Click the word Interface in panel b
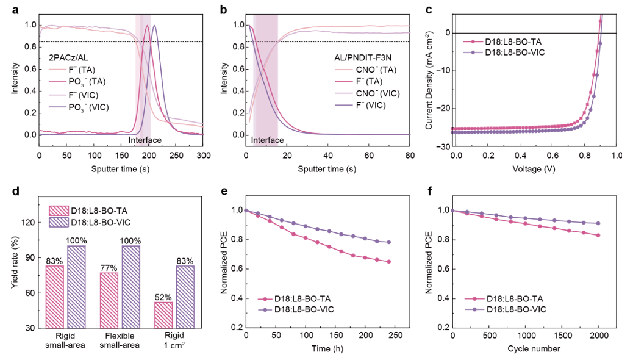267,140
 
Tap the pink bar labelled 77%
109,300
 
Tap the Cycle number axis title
534,349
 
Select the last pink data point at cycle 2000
599,236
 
